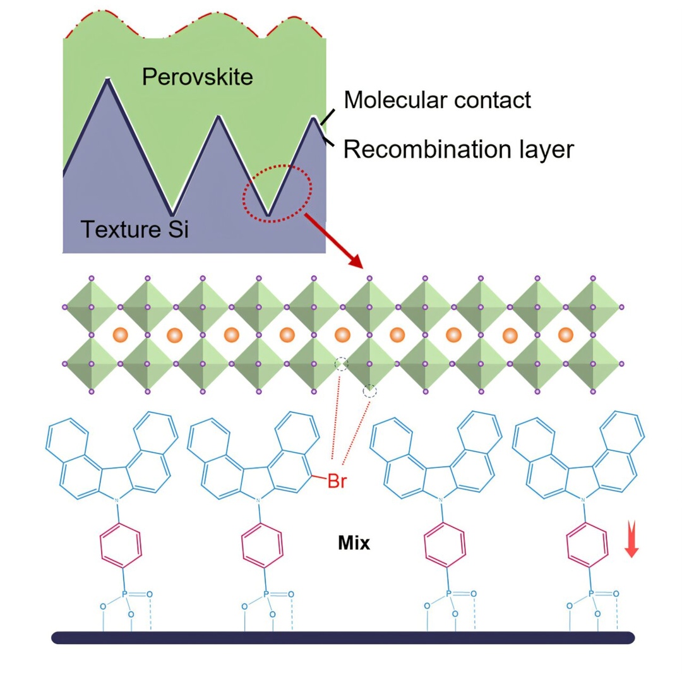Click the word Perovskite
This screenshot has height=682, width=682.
197,77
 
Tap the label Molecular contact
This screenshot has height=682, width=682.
438,99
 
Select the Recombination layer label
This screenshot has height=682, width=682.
458,149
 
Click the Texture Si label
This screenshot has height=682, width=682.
134,228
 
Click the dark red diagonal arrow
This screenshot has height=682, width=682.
334,242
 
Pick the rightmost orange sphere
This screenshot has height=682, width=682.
566,334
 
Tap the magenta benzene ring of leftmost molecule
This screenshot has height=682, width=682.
120,547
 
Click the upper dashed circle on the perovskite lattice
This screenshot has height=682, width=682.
341,364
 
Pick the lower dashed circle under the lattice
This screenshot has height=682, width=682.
370,392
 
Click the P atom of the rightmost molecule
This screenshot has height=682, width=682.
592,594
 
